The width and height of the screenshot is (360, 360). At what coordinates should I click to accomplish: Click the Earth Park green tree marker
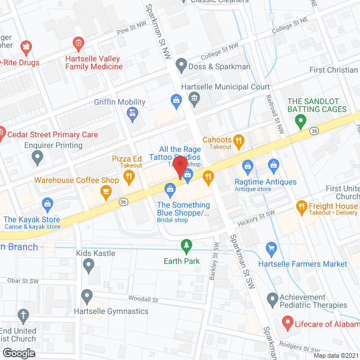[x=186, y=245]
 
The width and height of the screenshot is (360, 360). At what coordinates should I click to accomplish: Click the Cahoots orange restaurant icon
[x=239, y=140]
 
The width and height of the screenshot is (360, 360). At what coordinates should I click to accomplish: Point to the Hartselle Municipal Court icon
[x=194, y=100]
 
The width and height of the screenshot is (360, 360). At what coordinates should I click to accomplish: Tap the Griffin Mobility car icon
[x=133, y=115]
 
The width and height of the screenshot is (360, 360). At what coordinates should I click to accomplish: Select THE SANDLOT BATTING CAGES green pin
[x=300, y=119]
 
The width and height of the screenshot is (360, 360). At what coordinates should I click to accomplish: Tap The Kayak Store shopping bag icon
[x=48, y=203]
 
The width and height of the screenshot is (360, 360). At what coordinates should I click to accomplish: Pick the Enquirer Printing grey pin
[x=38, y=159]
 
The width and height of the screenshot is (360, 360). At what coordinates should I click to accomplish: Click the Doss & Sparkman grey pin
[x=181, y=66]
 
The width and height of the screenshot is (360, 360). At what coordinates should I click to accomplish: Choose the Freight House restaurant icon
[x=301, y=206]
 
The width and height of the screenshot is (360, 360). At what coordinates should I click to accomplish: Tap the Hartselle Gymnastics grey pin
[x=86, y=296]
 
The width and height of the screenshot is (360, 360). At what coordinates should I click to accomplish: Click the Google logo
[x=19, y=353]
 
